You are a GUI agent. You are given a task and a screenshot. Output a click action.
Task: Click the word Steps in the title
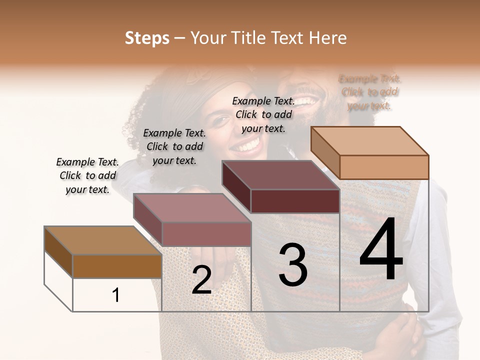(147, 38)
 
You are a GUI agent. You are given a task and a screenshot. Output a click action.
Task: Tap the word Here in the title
(328, 38)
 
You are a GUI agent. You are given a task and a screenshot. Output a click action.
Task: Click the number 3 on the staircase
(293, 265)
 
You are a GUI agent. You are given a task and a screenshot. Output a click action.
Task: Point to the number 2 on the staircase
(201, 280)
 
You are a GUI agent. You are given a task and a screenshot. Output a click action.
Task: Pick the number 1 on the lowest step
(115, 295)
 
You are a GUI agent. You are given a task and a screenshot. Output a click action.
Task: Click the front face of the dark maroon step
(295, 201)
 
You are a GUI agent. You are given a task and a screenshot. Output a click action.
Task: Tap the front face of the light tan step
(384, 167)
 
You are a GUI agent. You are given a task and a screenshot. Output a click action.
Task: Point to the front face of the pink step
(206, 234)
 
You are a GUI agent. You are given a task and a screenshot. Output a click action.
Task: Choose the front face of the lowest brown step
(117, 266)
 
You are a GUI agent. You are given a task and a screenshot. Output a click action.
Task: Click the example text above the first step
(87, 176)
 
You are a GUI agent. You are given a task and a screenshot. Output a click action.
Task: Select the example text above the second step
(174, 146)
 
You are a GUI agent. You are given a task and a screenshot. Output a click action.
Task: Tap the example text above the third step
(263, 114)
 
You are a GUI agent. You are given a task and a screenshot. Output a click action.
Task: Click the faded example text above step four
(369, 92)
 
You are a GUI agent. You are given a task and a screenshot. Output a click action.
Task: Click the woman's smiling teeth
(248, 145)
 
